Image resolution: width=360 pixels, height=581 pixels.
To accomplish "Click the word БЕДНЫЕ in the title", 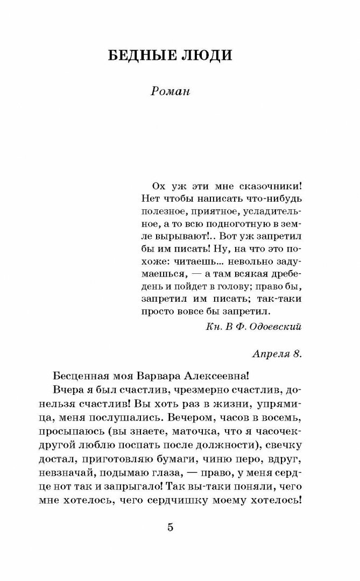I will (x=140, y=55).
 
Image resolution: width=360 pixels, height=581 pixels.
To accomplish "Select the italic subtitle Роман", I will (x=171, y=92).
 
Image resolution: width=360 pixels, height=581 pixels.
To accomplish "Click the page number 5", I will (x=171, y=527).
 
